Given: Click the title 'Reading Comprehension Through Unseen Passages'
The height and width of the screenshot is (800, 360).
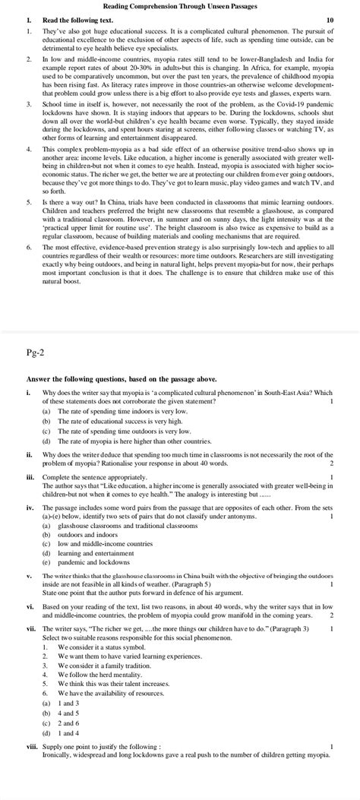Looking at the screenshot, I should tap(180, 6).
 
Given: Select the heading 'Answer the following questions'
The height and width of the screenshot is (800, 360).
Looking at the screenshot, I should tap(122, 378).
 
